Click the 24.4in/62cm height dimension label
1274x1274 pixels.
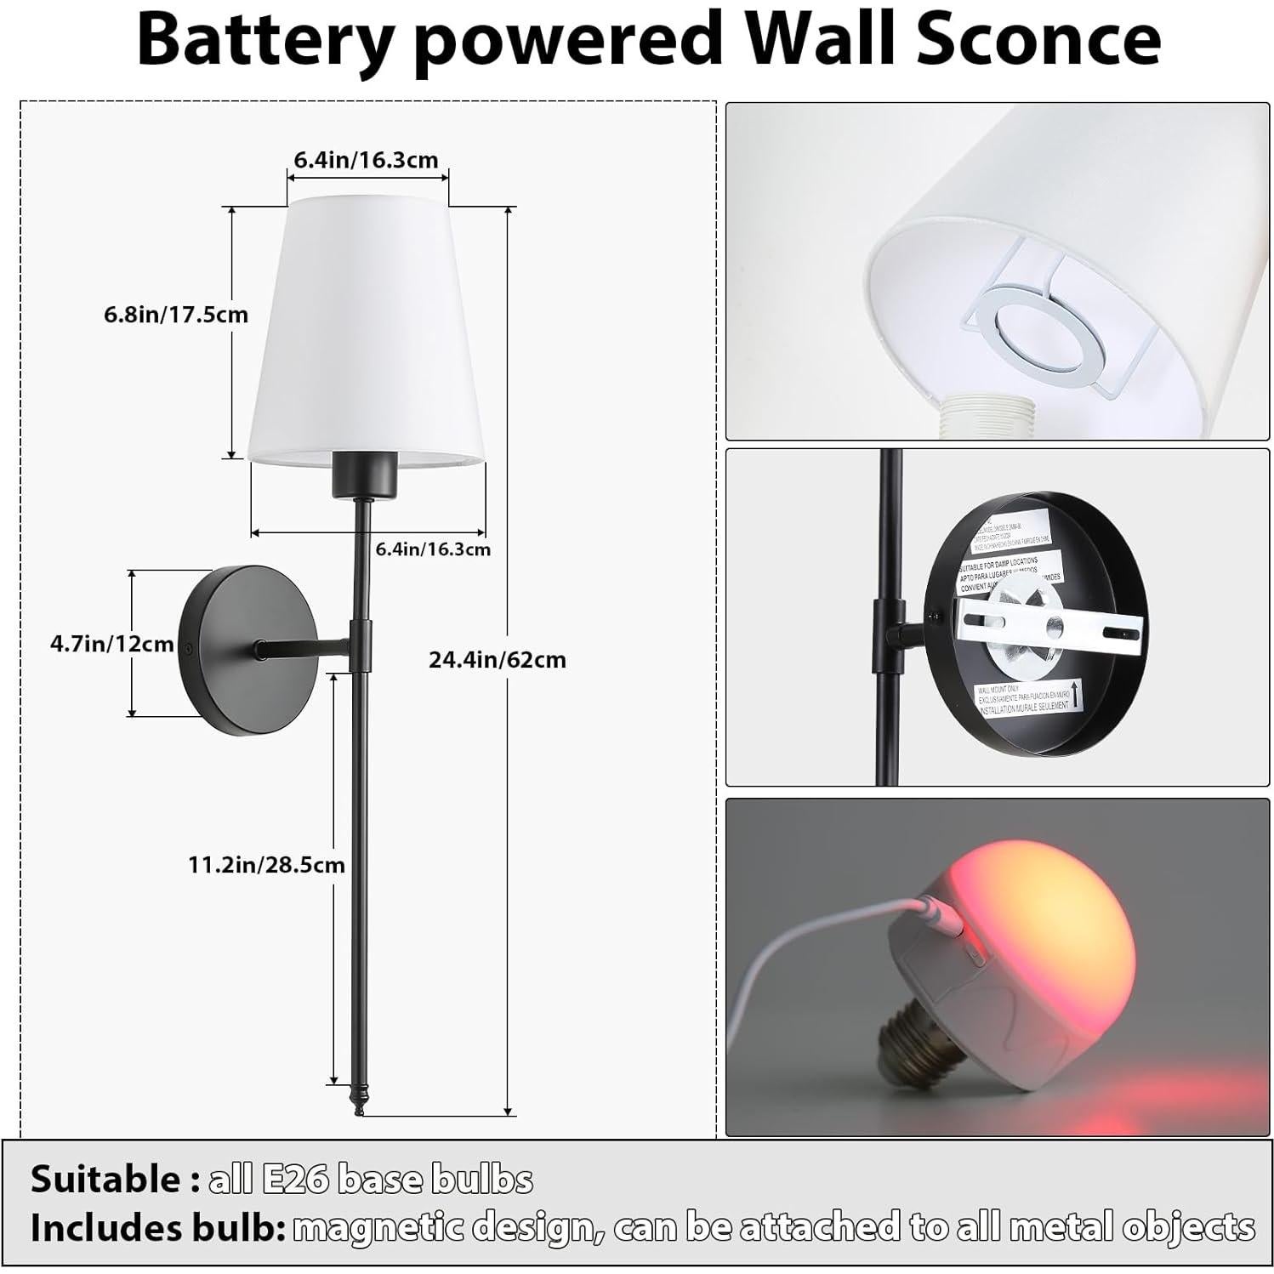tap(497, 660)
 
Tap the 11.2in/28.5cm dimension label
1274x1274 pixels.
tap(266, 865)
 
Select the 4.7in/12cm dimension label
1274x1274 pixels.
tap(111, 644)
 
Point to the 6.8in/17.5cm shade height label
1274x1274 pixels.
tap(176, 315)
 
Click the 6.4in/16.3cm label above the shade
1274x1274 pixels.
tap(366, 159)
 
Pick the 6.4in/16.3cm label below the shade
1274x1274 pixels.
tap(433, 549)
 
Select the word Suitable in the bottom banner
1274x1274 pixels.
tap(105, 1180)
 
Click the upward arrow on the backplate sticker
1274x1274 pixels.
tap(1078, 691)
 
